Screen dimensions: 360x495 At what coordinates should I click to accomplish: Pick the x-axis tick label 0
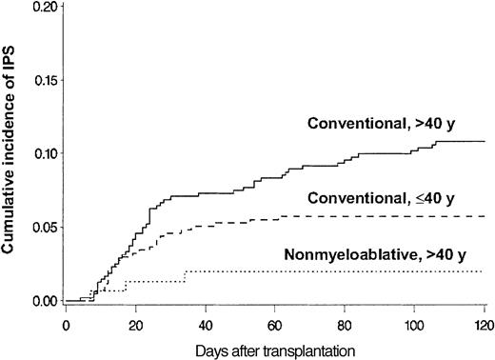pos(66,324)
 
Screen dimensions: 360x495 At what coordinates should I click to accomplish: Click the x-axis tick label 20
pos(136,324)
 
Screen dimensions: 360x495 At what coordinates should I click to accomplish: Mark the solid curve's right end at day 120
pos(485,141)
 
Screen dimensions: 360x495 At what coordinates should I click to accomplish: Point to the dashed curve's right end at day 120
pos(485,216)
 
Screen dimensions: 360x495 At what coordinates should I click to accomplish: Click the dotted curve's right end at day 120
pos(485,271)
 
